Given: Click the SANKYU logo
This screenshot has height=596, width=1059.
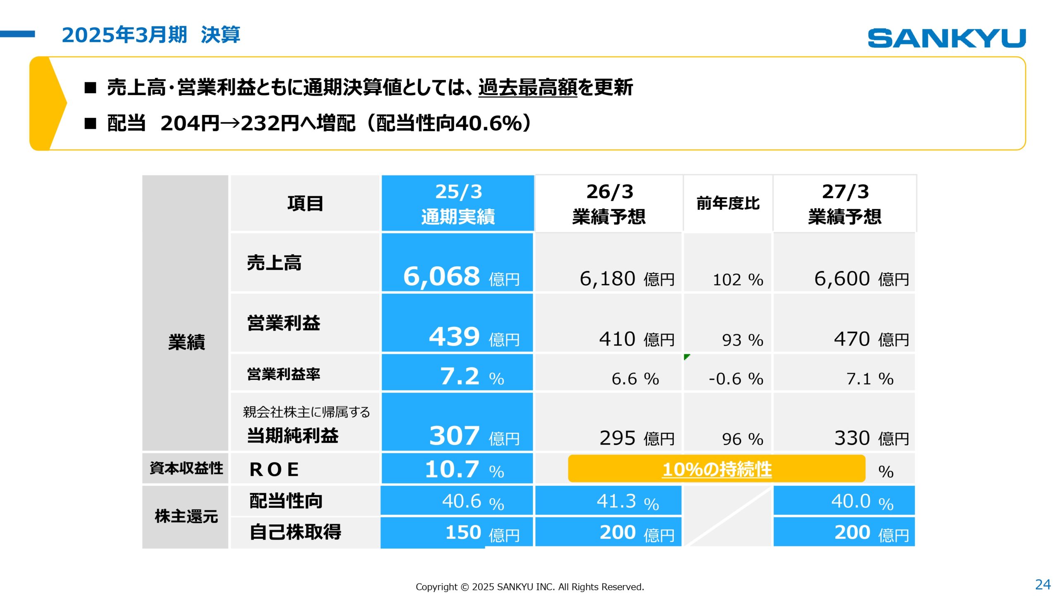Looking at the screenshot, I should coord(946,38).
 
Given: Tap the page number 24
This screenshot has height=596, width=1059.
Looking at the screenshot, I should coord(1042,584).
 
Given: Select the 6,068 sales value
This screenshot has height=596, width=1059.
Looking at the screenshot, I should coord(441,276).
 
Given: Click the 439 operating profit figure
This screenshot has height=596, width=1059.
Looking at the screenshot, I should coord(454,336).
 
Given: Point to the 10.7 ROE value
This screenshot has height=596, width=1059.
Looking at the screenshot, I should coord(452,469).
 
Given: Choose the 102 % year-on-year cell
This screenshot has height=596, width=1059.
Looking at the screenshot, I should coord(738,280).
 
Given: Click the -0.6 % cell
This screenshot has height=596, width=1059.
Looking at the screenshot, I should coord(736,379).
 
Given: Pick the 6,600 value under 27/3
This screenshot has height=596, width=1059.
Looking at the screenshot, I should coord(842,279).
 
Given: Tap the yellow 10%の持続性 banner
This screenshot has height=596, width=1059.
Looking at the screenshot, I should coord(716,469).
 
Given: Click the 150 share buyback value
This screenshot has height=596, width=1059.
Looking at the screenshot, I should coord(463,532).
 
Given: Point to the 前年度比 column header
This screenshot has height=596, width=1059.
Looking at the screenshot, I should coord(728,203).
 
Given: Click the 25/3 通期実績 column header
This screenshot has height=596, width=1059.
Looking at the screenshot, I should coord(458,203).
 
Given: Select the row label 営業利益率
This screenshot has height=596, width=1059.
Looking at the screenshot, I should coord(283,374).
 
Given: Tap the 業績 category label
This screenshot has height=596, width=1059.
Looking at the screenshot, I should coord(186,342).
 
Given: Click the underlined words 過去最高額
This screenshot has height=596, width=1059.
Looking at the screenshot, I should coord(527,87).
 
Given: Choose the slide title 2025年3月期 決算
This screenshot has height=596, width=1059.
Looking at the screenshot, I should coord(151,35).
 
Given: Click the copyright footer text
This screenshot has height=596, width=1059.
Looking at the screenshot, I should coord(529,586).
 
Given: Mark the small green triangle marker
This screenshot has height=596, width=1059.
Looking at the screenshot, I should coord(687,356).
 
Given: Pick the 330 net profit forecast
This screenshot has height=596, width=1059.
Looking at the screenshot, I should coord(852,438).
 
